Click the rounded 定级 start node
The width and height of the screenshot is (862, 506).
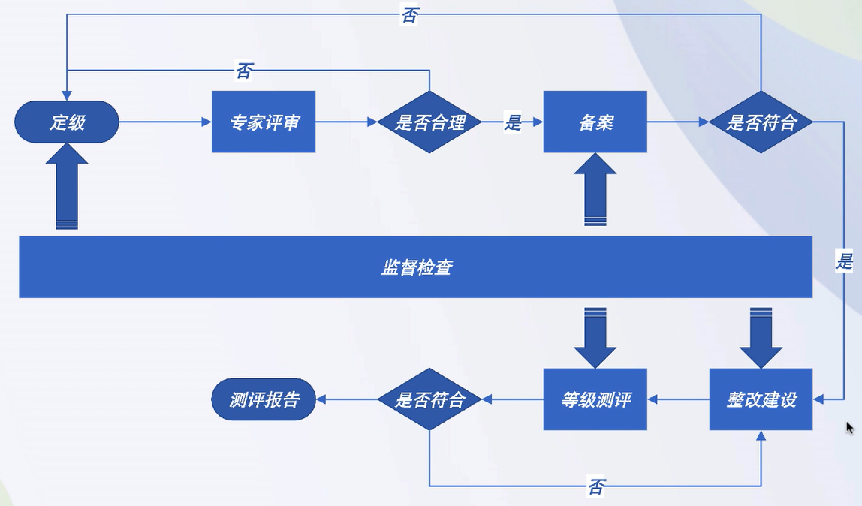[67, 122]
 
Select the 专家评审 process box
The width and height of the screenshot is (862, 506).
[263, 122]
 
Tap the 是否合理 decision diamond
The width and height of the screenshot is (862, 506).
[429, 122]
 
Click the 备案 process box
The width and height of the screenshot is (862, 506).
[595, 122]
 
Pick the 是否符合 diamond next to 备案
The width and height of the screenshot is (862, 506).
[761, 122]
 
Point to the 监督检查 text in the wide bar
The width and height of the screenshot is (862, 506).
[416, 267]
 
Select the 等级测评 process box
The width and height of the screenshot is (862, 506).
[595, 399]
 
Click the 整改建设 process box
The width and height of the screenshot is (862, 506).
[761, 399]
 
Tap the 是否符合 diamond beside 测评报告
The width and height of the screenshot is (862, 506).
[429, 399]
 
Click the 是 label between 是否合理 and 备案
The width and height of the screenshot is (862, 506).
[513, 122]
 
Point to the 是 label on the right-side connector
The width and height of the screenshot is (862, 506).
[845, 261]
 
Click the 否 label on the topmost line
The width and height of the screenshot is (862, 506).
[409, 16]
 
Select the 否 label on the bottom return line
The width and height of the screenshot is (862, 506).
[596, 487]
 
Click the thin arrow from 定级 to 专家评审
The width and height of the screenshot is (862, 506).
[165, 122]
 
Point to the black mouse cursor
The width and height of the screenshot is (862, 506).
[849, 428]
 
